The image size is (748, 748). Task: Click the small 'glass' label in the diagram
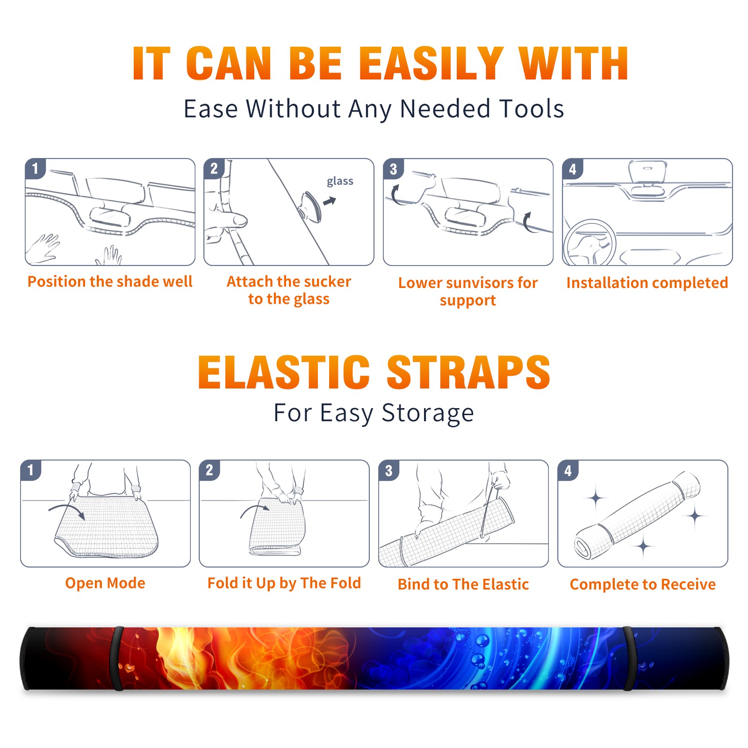coord(340,181)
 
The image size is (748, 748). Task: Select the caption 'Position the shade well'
coord(110,281)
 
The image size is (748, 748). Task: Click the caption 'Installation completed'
coord(647,282)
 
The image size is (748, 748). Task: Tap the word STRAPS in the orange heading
coord(468,372)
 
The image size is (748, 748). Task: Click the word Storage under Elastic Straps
coord(428,413)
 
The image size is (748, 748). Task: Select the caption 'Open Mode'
coord(105,583)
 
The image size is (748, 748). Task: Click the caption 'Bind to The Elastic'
coord(463,584)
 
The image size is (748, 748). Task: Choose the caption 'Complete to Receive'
coord(643,584)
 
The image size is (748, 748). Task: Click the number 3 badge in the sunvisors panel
coord(393,169)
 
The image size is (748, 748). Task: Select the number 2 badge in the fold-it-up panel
coord(209,470)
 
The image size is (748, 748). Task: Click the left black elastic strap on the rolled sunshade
coord(117,659)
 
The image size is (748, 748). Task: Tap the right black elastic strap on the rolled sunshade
coord(631,659)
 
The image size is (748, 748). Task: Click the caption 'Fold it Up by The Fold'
coord(284,583)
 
